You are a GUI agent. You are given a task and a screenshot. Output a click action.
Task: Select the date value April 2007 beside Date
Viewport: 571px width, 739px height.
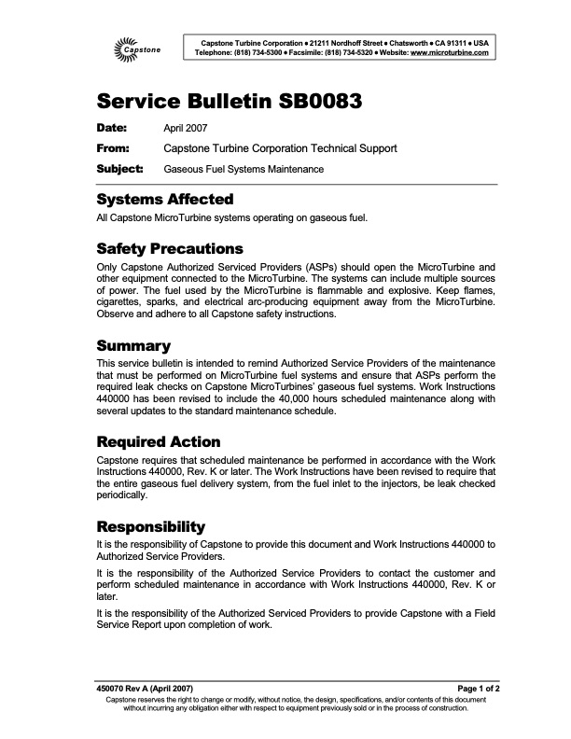tap(185, 128)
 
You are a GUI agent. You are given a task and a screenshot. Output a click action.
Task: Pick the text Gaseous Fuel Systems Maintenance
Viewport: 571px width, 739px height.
tap(244, 170)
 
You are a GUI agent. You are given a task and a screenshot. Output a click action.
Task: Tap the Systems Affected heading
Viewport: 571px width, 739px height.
tap(164, 200)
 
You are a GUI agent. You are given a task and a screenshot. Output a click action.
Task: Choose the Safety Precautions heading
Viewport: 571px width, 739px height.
tap(170, 249)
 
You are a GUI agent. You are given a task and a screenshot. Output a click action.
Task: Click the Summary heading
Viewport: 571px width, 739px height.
tap(133, 346)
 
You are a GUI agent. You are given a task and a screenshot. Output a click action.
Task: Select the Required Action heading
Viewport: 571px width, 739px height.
tap(159, 441)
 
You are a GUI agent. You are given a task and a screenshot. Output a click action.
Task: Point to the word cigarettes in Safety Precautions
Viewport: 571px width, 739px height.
tap(127, 303)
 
